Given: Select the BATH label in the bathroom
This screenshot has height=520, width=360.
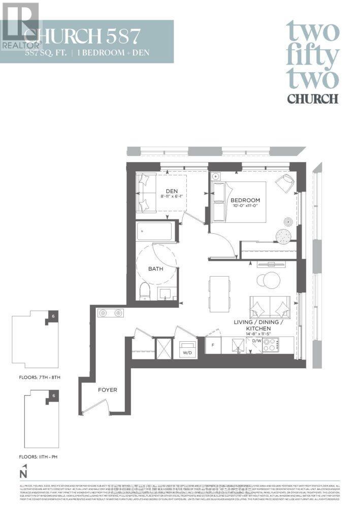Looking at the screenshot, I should point(155,269).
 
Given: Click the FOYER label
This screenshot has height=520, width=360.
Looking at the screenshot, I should point(107,390).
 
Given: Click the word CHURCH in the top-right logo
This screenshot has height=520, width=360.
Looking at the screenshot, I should point(312,99).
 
